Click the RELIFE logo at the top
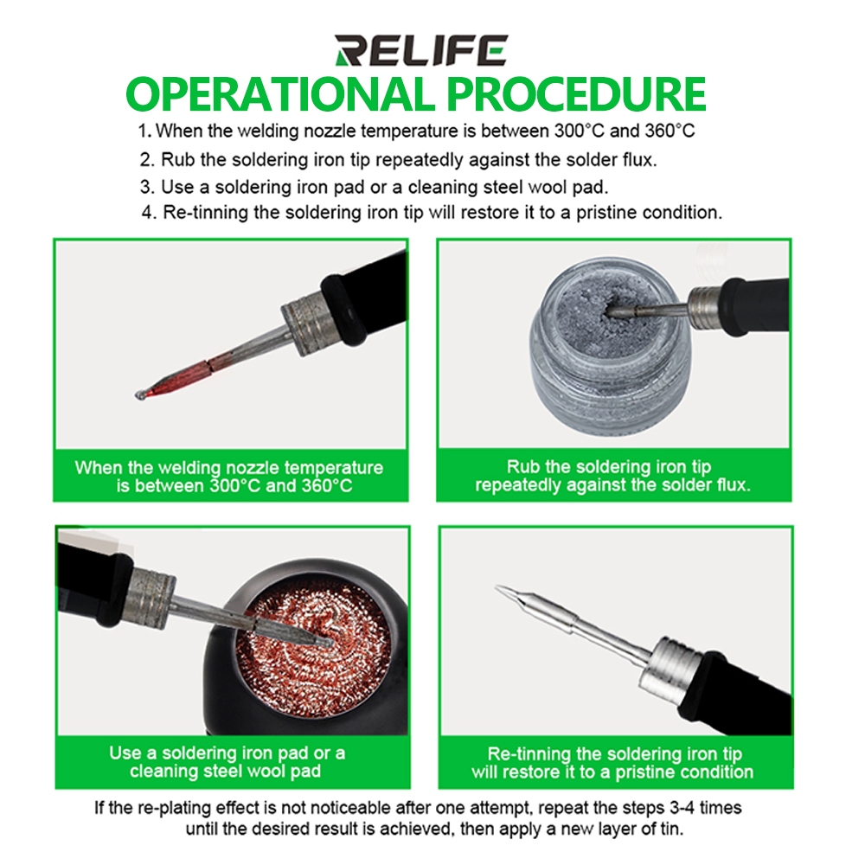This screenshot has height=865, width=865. (x=421, y=51)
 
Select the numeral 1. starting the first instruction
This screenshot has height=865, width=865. (x=144, y=131)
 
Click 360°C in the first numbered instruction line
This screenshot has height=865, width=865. (x=670, y=131)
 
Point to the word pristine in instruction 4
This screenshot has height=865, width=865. (x=610, y=213)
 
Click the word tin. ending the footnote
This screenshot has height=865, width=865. (x=669, y=830)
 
